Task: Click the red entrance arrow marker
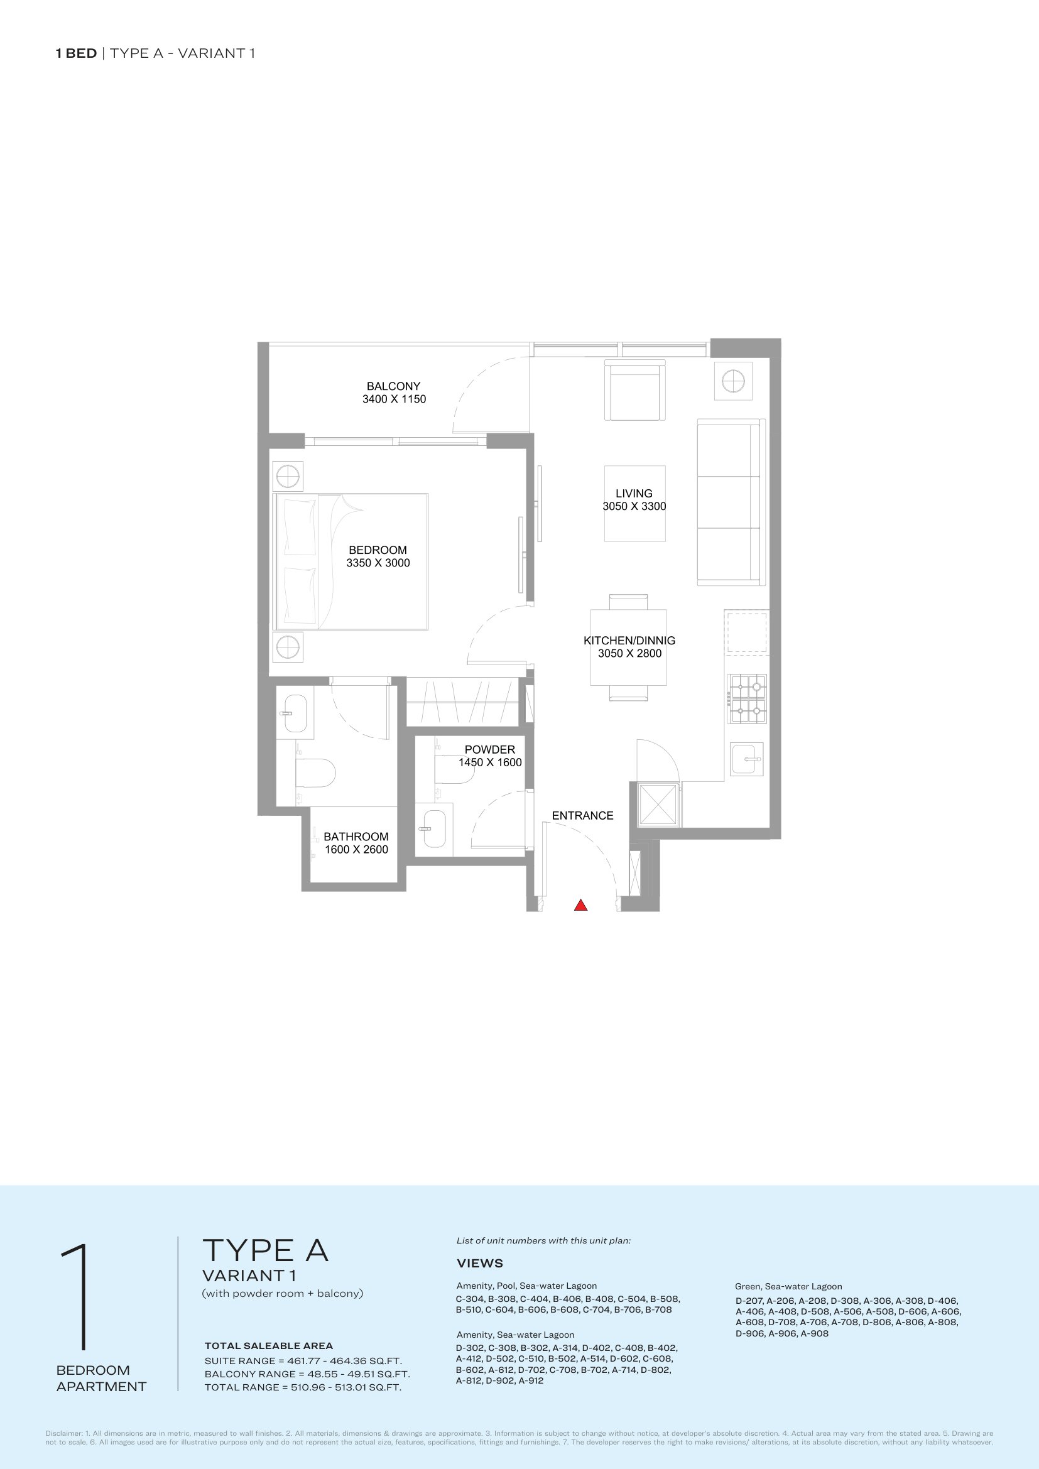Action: click(580, 904)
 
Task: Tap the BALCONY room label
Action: click(393, 386)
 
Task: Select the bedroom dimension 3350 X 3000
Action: click(378, 563)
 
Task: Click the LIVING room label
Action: click(634, 493)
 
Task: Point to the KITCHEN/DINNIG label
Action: click(629, 641)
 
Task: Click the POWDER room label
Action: click(489, 749)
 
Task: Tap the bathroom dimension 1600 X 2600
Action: click(356, 850)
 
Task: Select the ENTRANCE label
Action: click(583, 816)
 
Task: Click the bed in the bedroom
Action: click(351, 561)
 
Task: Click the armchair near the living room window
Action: click(635, 390)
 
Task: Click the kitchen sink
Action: click(747, 759)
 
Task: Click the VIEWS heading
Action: click(480, 1264)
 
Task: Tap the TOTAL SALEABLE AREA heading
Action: click(269, 1346)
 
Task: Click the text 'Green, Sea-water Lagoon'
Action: click(788, 1287)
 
